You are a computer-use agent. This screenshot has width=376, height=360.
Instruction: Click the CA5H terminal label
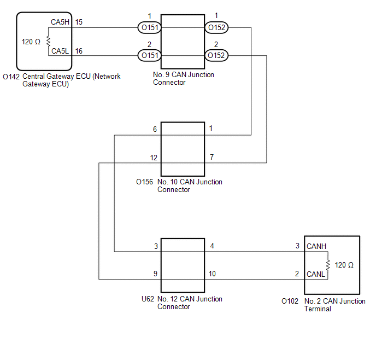[x=60, y=22]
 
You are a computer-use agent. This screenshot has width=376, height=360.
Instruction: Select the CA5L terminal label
[x=60, y=51]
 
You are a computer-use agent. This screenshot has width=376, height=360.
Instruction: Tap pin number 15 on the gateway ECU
[x=79, y=22]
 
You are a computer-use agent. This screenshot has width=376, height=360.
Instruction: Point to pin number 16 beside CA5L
[x=79, y=51]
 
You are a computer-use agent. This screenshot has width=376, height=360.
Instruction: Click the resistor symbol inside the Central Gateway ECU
[x=49, y=41]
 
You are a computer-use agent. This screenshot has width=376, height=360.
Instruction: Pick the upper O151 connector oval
[x=150, y=27]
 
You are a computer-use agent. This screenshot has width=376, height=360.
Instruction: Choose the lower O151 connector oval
[x=150, y=55]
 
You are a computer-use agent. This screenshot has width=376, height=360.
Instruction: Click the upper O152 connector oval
[x=216, y=27]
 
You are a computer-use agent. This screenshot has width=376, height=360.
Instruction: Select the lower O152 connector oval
[x=216, y=55]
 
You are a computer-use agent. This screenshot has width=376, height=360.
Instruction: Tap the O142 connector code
[x=11, y=77]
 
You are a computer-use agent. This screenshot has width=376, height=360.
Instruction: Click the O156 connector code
[x=144, y=182]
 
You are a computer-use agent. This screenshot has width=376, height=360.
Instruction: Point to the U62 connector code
[x=148, y=299]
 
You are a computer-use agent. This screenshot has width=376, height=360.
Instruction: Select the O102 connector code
[x=290, y=301]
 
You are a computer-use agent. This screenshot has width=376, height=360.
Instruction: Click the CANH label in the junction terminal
[x=316, y=246]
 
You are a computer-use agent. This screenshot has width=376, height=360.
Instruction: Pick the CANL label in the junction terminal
[x=316, y=274]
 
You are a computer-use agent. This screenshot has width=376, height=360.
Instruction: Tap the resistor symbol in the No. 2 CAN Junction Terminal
[x=328, y=265]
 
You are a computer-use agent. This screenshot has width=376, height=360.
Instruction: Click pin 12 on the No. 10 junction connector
[x=154, y=158]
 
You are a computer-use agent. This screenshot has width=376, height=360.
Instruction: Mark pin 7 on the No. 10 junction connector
[x=211, y=157]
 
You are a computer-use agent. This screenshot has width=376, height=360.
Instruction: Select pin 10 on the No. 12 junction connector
[x=212, y=274]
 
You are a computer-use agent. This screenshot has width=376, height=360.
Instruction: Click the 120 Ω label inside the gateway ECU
[x=31, y=42]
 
